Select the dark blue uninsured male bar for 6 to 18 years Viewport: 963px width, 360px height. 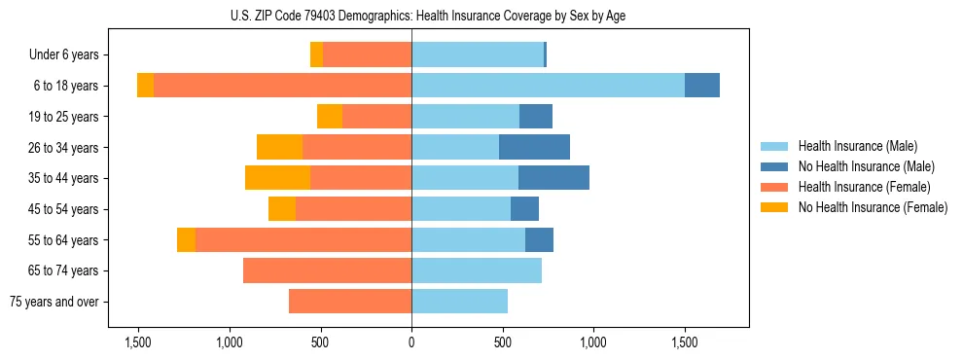tap(701, 86)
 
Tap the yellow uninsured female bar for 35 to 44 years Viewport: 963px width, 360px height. tap(277, 178)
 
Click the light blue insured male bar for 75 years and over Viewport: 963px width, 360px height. tap(459, 302)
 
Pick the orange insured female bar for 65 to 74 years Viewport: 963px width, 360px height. tap(327, 270)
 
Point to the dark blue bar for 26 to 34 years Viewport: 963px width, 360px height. tap(534, 147)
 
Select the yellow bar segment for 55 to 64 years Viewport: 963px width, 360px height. tap(186, 239)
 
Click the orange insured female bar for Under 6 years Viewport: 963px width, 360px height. tap(367, 54)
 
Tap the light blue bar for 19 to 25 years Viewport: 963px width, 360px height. tap(465, 117)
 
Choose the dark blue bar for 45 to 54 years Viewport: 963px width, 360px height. tap(524, 209)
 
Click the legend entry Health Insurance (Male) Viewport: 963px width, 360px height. tap(857, 146)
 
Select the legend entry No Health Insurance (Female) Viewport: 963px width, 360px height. tap(873, 207)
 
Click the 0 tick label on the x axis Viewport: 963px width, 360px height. tap(411, 342)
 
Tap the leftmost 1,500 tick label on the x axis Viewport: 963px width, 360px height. tap(138, 342)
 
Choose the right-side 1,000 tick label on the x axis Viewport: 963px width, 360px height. tap(593, 342)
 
